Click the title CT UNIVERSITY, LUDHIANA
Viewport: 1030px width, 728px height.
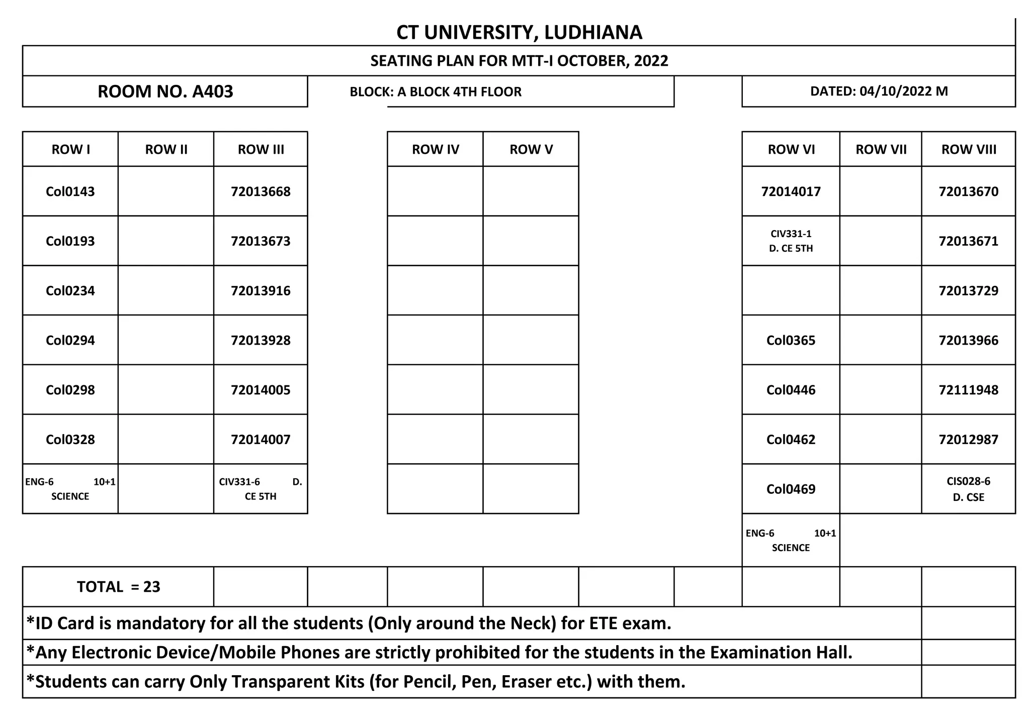(519, 32)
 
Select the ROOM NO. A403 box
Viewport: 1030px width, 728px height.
(165, 91)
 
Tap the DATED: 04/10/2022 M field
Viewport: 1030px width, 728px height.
(879, 91)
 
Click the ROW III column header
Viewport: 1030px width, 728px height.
(261, 149)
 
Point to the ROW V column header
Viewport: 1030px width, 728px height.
(531, 149)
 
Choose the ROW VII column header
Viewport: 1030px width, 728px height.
(881, 149)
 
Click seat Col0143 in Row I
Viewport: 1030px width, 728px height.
(70, 191)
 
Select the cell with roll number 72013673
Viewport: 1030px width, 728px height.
(261, 241)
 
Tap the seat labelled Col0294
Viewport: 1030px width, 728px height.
(70, 340)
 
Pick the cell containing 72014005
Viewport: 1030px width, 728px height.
(261, 390)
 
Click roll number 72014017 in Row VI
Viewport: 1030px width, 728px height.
(791, 191)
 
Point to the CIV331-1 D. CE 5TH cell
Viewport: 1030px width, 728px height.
(791, 241)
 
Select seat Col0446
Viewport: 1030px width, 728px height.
(791, 390)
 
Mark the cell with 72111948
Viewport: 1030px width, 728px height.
(968, 390)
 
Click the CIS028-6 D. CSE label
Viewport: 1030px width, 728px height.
(968, 489)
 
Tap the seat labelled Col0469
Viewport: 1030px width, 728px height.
(791, 489)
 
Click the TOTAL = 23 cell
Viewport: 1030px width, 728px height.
(118, 586)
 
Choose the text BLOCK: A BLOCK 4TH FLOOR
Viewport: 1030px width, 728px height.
(436, 91)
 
